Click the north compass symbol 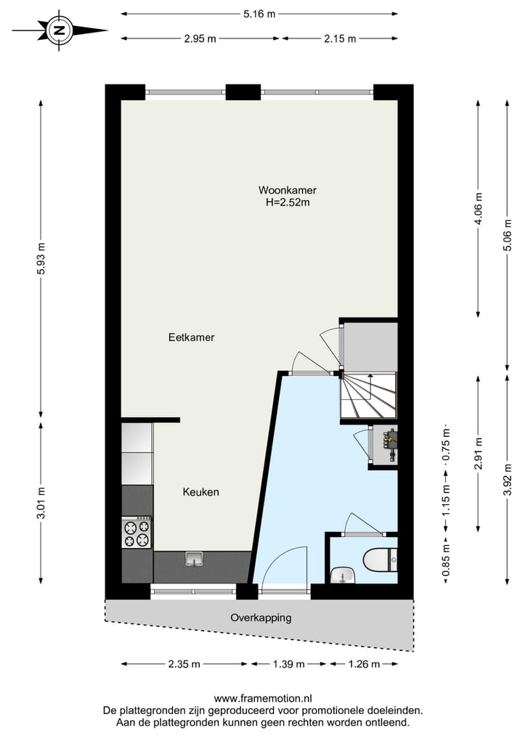[x=60, y=30]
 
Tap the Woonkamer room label [x=287, y=190]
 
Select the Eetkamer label [x=191, y=337]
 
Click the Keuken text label [x=200, y=492]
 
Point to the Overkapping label [x=261, y=618]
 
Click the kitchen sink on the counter [x=194, y=559]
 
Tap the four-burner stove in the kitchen [x=137, y=533]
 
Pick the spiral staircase [x=369, y=396]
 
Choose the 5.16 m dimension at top [x=259, y=13]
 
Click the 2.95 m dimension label [x=200, y=38]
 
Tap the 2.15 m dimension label [x=340, y=38]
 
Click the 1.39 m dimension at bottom [x=289, y=663]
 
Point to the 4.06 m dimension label [x=478, y=209]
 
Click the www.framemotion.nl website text [x=262, y=699]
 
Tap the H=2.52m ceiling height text [x=288, y=202]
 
